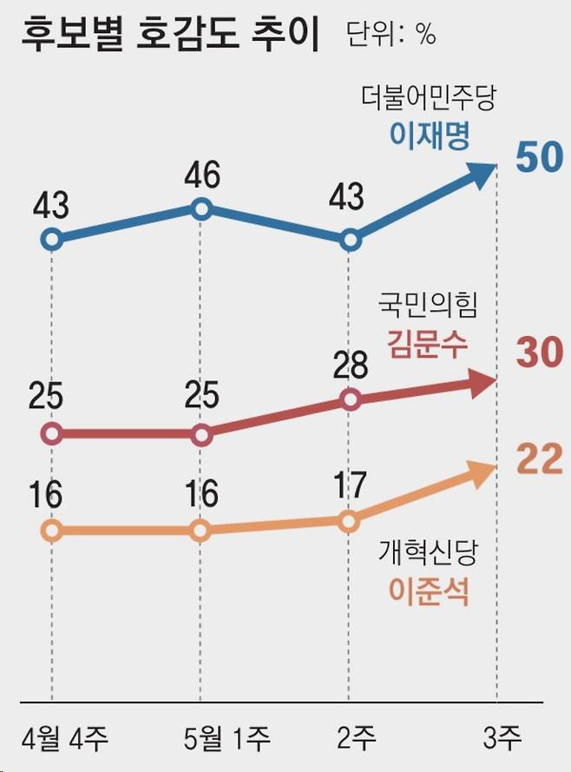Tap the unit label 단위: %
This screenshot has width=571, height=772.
coord(391,36)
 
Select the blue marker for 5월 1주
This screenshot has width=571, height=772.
coord(201,208)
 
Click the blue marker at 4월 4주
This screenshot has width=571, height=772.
coord(52,239)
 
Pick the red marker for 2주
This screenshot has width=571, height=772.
coord(350,399)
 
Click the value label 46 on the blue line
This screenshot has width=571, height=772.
coord(201,175)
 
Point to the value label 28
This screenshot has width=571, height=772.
coord(350,366)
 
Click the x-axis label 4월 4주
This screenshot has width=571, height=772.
coord(59,740)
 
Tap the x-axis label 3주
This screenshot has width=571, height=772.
coord(502,740)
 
